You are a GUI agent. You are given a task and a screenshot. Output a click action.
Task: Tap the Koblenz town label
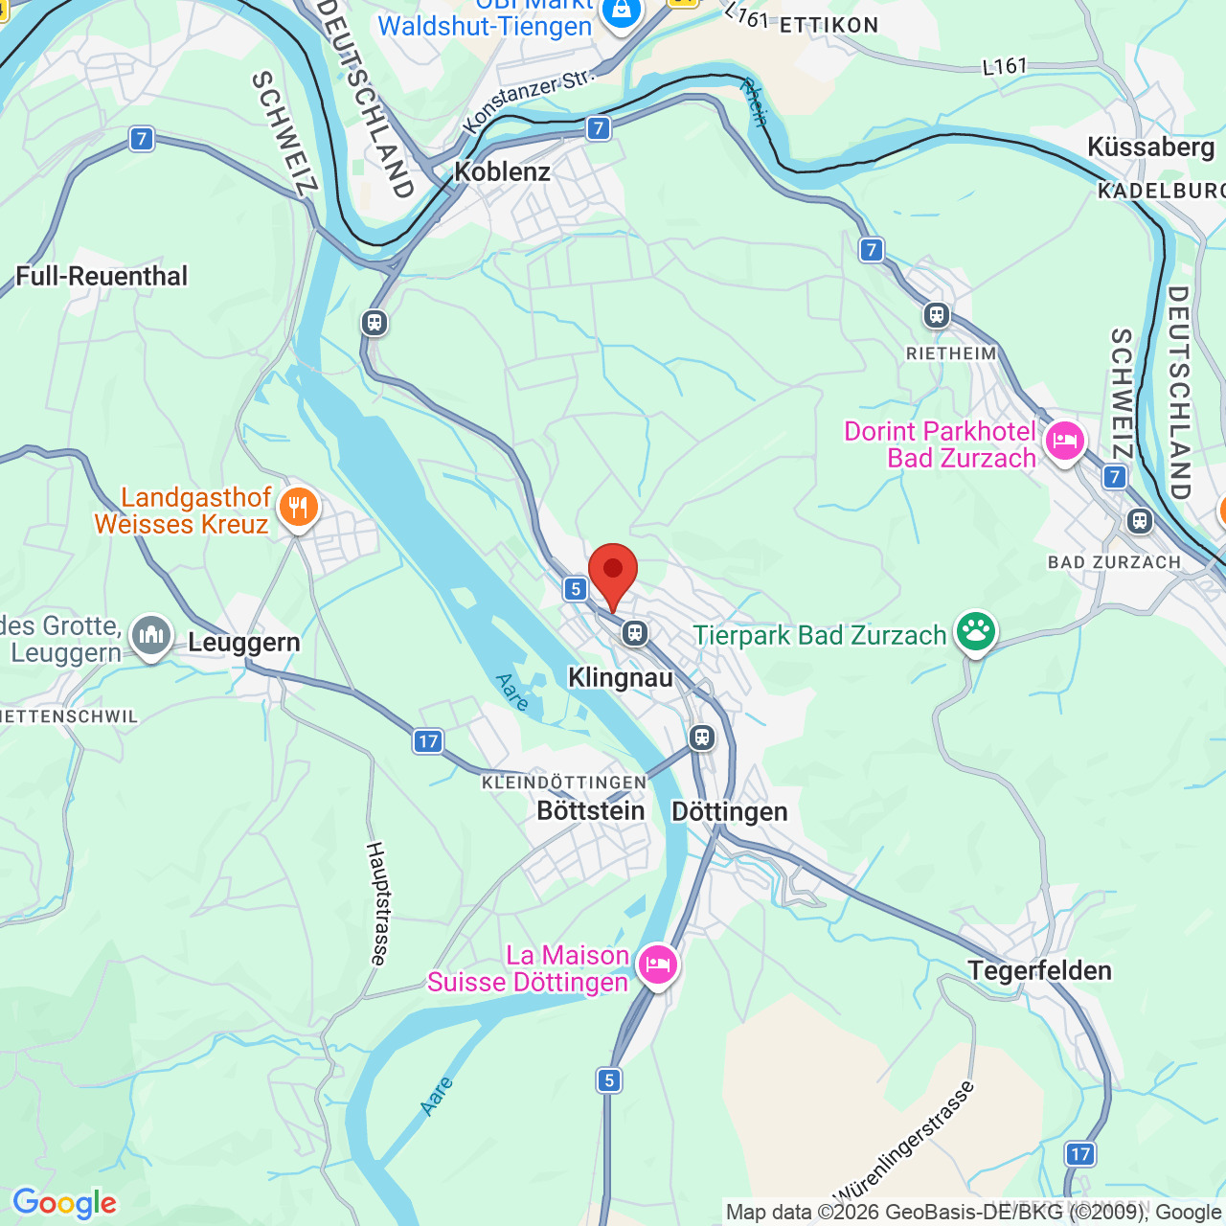tap(502, 172)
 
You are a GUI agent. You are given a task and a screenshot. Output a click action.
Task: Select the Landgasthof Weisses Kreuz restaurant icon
tap(299, 509)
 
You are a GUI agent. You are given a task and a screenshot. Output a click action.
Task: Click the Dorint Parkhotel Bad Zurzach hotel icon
tap(1064, 442)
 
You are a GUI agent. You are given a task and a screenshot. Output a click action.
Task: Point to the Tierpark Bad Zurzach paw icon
tap(975, 632)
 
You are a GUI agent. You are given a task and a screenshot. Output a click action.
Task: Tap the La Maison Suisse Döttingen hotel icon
tap(657, 964)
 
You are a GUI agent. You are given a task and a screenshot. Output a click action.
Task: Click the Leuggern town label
tap(244, 642)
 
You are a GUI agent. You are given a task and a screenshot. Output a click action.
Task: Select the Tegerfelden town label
tap(1039, 970)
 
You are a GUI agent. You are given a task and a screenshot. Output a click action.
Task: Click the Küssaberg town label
tap(1150, 148)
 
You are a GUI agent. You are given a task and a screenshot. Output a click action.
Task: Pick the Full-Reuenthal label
tap(102, 277)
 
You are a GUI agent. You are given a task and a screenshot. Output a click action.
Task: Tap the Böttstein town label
tap(590, 810)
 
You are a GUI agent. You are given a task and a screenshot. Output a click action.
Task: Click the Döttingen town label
tap(730, 811)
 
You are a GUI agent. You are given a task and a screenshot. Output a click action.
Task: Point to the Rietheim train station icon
tap(937, 314)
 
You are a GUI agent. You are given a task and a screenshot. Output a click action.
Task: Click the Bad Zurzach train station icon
tap(1139, 521)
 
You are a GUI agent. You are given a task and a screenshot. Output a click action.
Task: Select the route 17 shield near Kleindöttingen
tap(428, 740)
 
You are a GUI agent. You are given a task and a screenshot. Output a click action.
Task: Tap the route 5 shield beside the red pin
tap(575, 589)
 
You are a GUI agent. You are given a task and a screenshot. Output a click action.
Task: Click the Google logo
tap(64, 1203)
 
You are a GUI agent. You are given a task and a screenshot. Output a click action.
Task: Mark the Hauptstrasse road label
tap(377, 903)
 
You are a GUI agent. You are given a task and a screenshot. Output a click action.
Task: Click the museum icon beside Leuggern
tap(151, 634)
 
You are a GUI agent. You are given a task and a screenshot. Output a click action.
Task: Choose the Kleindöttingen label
tap(564, 783)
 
